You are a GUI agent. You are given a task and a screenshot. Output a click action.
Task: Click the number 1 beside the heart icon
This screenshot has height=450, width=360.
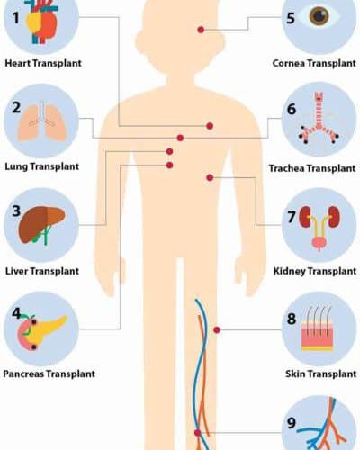pos(15,17)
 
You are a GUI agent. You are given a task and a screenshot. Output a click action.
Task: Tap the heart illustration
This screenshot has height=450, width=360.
pos(41,23)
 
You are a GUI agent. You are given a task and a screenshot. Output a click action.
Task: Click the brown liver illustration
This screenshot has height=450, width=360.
pos(41,224)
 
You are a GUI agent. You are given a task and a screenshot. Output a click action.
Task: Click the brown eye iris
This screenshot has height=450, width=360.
pos(319,16)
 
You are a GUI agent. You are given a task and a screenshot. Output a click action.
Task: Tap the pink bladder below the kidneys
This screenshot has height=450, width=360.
pos(319,243)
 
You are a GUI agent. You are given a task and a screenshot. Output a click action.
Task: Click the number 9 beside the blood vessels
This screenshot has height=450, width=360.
pos(292,423)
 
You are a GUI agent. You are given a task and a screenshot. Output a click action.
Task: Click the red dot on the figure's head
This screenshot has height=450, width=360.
pos(201,30)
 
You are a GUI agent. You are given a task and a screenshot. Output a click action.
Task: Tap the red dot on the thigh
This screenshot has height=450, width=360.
pos(217,330)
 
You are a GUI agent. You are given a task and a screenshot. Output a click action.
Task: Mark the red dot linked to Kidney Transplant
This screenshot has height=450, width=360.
pos(210,177)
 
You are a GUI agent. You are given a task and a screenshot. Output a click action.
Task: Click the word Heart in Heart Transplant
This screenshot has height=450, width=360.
pos(18,63)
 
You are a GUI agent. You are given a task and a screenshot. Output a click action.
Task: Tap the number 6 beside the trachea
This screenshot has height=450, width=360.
pos(292,109)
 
